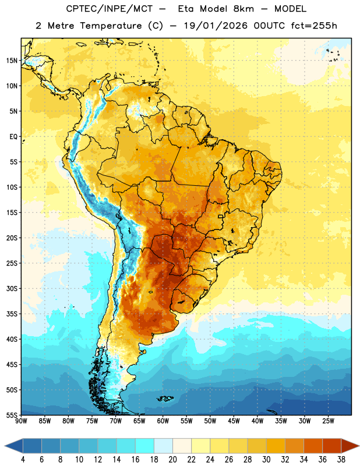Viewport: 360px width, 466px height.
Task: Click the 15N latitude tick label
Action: tap(12, 61)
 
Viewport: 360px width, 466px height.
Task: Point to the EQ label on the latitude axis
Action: tap(13, 137)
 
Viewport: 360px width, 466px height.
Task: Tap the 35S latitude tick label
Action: tap(12, 314)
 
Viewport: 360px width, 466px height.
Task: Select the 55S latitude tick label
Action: tap(12, 415)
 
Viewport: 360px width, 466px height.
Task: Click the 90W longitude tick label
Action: tap(21, 421)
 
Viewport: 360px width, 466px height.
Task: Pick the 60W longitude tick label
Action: tap(163, 421)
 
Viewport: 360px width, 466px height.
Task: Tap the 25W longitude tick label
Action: tap(328, 421)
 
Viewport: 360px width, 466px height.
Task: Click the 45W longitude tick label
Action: tap(234, 421)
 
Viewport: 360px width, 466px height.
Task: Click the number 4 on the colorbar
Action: tap(23, 460)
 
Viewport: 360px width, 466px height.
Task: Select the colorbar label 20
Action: tap(172, 460)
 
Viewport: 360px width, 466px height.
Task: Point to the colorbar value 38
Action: tap(341, 460)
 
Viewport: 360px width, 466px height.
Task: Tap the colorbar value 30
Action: tap(266, 460)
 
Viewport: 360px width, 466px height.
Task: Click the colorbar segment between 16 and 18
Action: tap(145, 446)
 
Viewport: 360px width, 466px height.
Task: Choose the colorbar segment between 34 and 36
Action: tap(313, 446)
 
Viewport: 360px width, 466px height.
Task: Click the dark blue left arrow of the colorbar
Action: tap(13, 446)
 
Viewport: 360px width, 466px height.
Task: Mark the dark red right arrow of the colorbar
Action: tap(350, 446)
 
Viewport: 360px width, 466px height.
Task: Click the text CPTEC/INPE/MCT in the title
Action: tap(110, 9)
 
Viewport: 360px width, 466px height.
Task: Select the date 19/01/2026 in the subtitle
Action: tap(216, 26)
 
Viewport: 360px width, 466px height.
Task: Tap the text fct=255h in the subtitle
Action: tap(314, 26)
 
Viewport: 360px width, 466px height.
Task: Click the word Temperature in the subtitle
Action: tap(111, 26)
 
